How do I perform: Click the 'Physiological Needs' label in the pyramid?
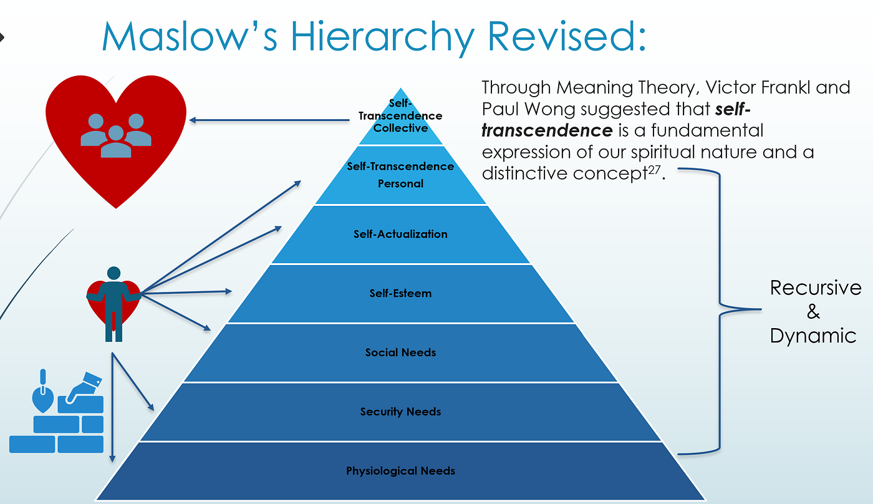pos(400,471)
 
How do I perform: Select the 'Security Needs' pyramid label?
pos(400,412)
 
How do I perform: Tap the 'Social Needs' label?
pos(400,352)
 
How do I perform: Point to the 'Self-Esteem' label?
pos(400,293)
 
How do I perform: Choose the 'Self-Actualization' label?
pos(400,235)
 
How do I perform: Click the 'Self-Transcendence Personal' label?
pos(400,175)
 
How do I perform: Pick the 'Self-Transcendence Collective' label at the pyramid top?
pos(400,116)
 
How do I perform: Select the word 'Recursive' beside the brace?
pos(815,288)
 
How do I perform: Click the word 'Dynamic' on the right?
pos(813,336)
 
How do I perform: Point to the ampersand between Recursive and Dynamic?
pos(813,312)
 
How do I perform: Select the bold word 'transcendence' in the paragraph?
pos(547,130)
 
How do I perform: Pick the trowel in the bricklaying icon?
pos(43,393)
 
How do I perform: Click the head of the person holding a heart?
pos(113,273)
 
